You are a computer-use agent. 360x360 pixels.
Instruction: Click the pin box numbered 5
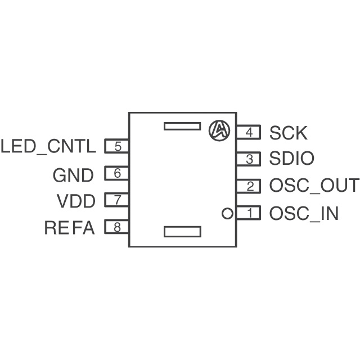coord(117,147)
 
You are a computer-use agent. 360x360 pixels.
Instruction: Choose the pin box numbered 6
coord(117,174)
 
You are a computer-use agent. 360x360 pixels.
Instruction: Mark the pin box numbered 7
coord(117,200)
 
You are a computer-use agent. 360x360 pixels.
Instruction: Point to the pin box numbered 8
coord(117,227)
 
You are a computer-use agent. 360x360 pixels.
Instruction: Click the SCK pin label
coord(288,133)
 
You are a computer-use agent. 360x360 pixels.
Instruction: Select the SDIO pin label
coord(291,159)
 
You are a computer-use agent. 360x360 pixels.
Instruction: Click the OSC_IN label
coord(304,214)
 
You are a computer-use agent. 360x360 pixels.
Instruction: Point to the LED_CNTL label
coord(49,147)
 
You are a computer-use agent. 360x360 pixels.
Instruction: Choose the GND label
coord(73,175)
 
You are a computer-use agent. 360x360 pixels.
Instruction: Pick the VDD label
coord(76,201)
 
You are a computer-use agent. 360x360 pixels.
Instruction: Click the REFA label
coord(70,228)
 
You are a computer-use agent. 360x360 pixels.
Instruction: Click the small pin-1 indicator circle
coord(227,213)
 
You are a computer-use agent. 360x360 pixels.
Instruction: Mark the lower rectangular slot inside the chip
coord(182,231)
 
